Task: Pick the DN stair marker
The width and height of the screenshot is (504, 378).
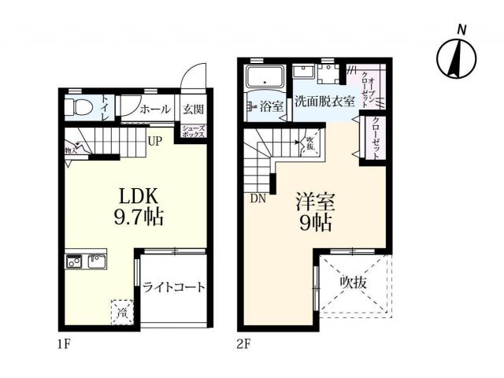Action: [x=258, y=198]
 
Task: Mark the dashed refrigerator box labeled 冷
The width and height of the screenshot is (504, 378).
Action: [x=123, y=311]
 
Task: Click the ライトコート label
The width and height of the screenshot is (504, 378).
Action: [x=174, y=287]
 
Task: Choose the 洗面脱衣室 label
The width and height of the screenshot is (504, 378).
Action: [x=324, y=102]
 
